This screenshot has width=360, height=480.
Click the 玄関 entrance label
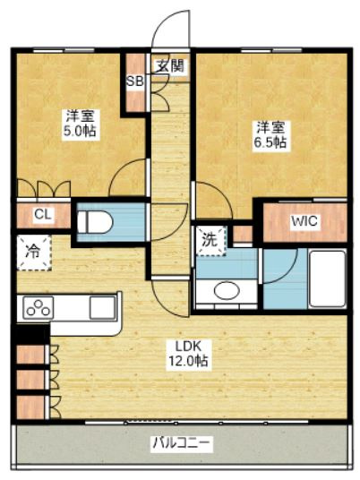(170, 65)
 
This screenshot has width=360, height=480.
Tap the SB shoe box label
(135, 81)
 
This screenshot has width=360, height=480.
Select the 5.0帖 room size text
(80, 131)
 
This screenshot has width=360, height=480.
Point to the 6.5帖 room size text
(270, 142)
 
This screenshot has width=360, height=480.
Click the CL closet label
(43, 214)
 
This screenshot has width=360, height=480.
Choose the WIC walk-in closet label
(304, 220)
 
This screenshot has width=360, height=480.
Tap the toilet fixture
(95, 223)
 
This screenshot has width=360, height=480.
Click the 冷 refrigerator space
(34, 253)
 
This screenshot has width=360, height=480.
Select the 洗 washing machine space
(210, 241)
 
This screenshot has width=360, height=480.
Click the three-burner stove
(39, 308)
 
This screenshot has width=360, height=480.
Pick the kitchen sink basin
(103, 307)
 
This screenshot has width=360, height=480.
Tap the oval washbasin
(227, 290)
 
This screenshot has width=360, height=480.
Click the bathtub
(327, 279)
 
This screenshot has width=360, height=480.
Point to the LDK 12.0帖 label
(188, 355)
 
